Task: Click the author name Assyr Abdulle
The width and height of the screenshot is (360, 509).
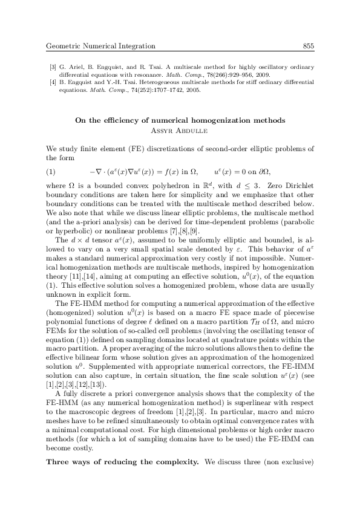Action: click(180, 129)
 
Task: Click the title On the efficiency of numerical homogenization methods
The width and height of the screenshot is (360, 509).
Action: click(180, 120)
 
